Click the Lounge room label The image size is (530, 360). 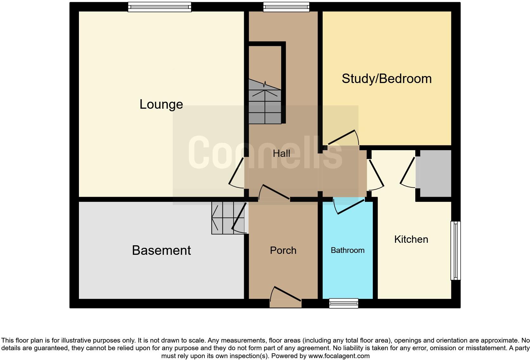point(161,104)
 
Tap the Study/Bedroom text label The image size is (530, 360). point(386,79)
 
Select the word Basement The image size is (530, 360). point(161,250)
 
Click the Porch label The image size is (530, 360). point(283,250)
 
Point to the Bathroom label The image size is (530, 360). point(347,250)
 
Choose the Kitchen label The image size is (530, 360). point(411,239)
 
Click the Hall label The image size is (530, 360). point(281,154)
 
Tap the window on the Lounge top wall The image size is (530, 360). point(159,7)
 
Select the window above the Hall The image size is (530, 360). point(286,7)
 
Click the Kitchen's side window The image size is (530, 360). point(456,250)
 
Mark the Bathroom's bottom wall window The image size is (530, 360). point(344,303)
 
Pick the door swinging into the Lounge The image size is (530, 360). point(236,173)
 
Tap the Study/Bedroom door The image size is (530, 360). point(342,138)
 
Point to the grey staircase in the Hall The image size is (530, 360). point(265,103)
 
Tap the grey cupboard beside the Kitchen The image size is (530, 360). point(434,173)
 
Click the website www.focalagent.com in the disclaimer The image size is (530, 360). point(339,356)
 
